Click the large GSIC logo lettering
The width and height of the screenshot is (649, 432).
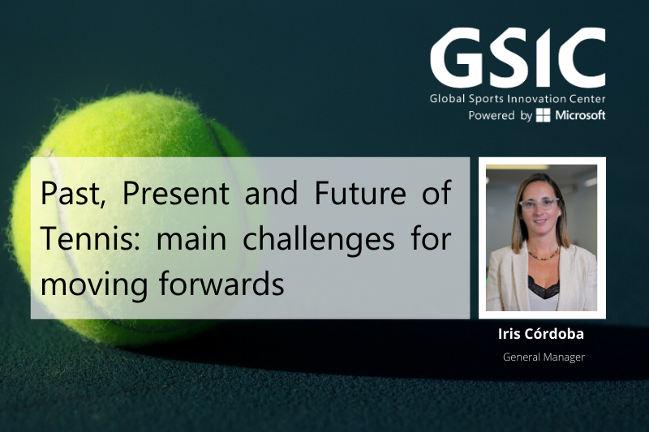[518, 58]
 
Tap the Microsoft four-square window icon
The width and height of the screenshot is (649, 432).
[543, 115]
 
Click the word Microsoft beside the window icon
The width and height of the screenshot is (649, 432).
[580, 115]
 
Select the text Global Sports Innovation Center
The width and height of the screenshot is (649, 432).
[518, 99]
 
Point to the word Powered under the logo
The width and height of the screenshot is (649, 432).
[492, 115]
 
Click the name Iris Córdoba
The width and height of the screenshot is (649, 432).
[541, 334]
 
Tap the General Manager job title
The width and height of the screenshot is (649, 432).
[544, 357]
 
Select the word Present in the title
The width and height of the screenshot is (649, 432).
[176, 193]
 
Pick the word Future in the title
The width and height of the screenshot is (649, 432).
[360, 193]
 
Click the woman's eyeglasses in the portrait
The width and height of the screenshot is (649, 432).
[539, 204]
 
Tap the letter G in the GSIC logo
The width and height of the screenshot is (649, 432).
[455, 58]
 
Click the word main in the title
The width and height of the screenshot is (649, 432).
[191, 240]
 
